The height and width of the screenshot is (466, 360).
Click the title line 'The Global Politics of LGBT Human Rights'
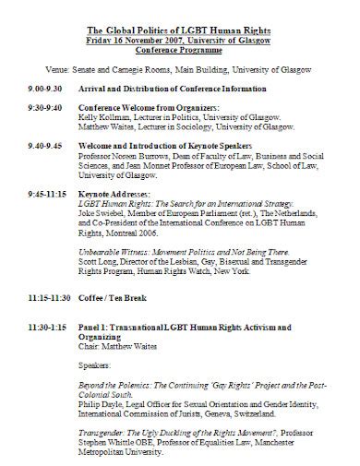[x=179, y=8]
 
